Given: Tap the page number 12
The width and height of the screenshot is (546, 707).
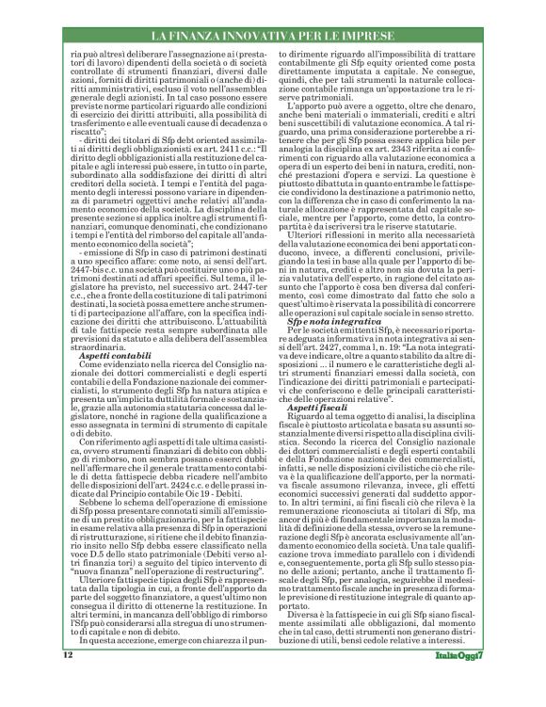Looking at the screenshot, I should click(x=68, y=682).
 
